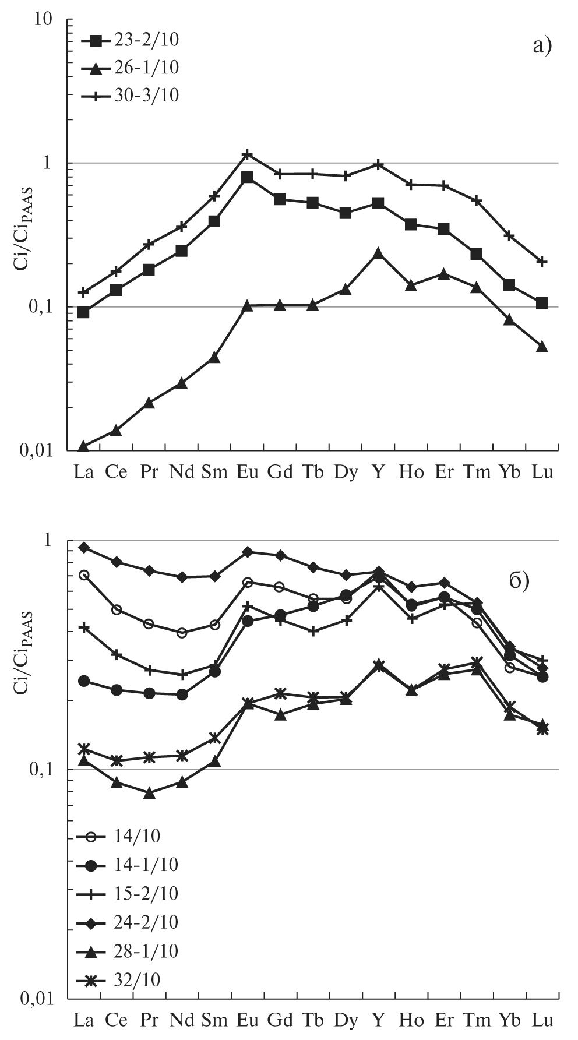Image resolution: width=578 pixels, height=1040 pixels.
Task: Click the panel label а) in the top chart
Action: [541, 45]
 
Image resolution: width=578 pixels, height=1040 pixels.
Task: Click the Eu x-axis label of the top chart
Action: [248, 473]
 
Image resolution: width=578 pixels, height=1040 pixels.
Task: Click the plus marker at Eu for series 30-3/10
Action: [248, 154]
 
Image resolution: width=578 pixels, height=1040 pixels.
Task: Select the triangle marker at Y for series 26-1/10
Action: [379, 253]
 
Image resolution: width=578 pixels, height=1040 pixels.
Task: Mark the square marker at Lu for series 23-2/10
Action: [542, 303]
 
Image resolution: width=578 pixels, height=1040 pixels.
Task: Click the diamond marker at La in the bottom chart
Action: [84, 548]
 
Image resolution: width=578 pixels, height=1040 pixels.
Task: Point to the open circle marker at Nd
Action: [182, 633]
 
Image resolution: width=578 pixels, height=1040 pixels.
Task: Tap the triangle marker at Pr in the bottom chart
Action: [149, 793]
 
